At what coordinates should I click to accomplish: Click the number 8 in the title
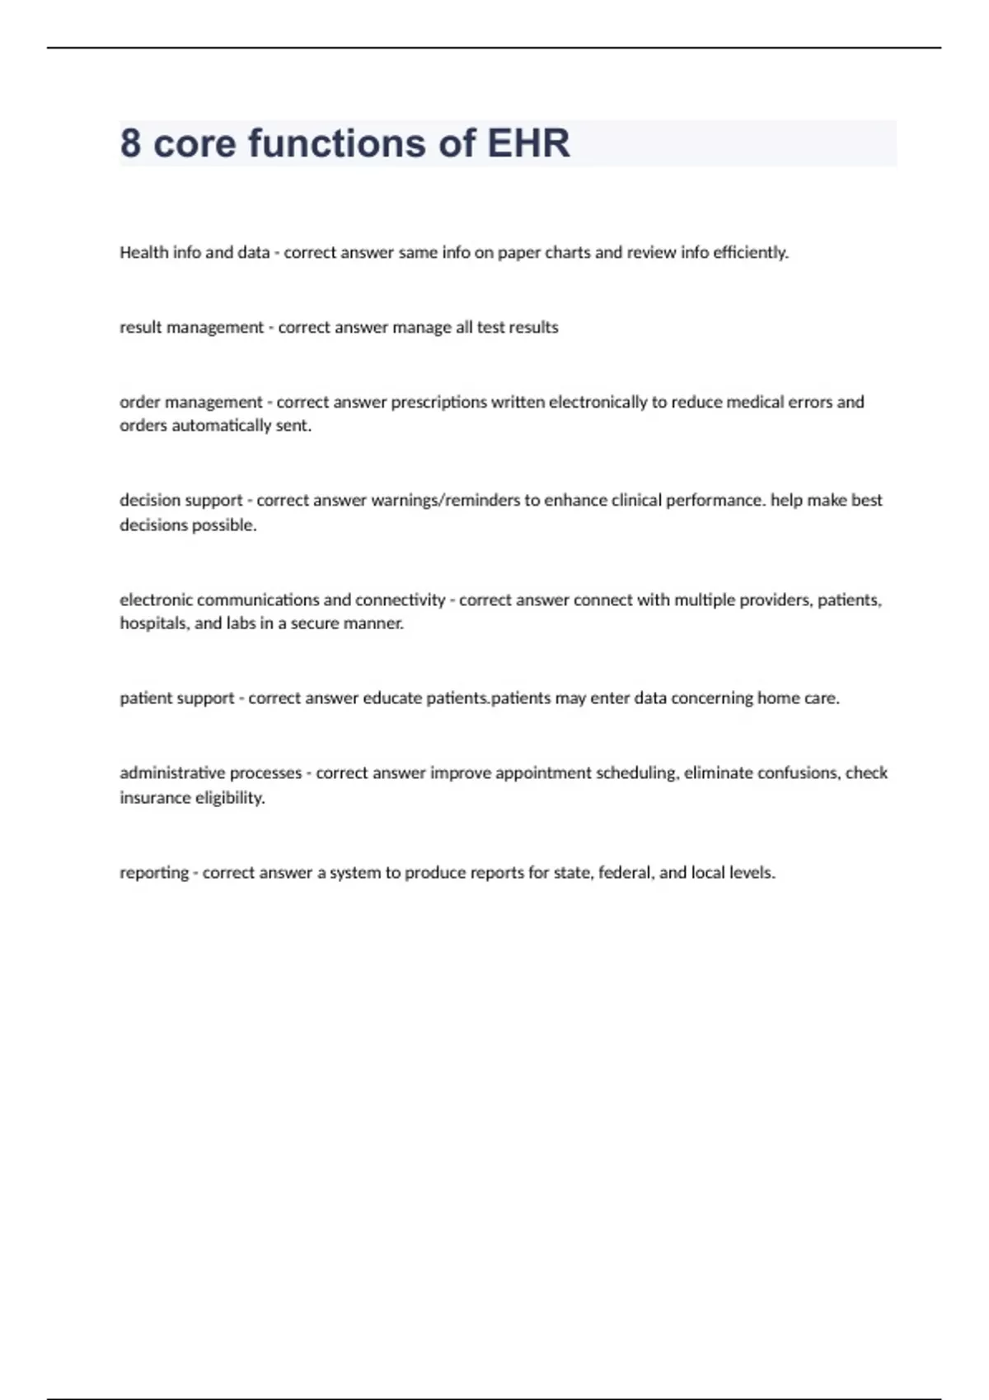[130, 143]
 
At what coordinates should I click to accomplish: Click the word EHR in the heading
[528, 143]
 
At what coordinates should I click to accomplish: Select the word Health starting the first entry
[143, 253]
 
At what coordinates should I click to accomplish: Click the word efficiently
[750, 253]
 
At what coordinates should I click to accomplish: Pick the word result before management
[141, 328]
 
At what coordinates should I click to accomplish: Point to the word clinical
[636, 501]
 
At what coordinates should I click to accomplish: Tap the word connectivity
[400, 600]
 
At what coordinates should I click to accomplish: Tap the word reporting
[154, 873]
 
